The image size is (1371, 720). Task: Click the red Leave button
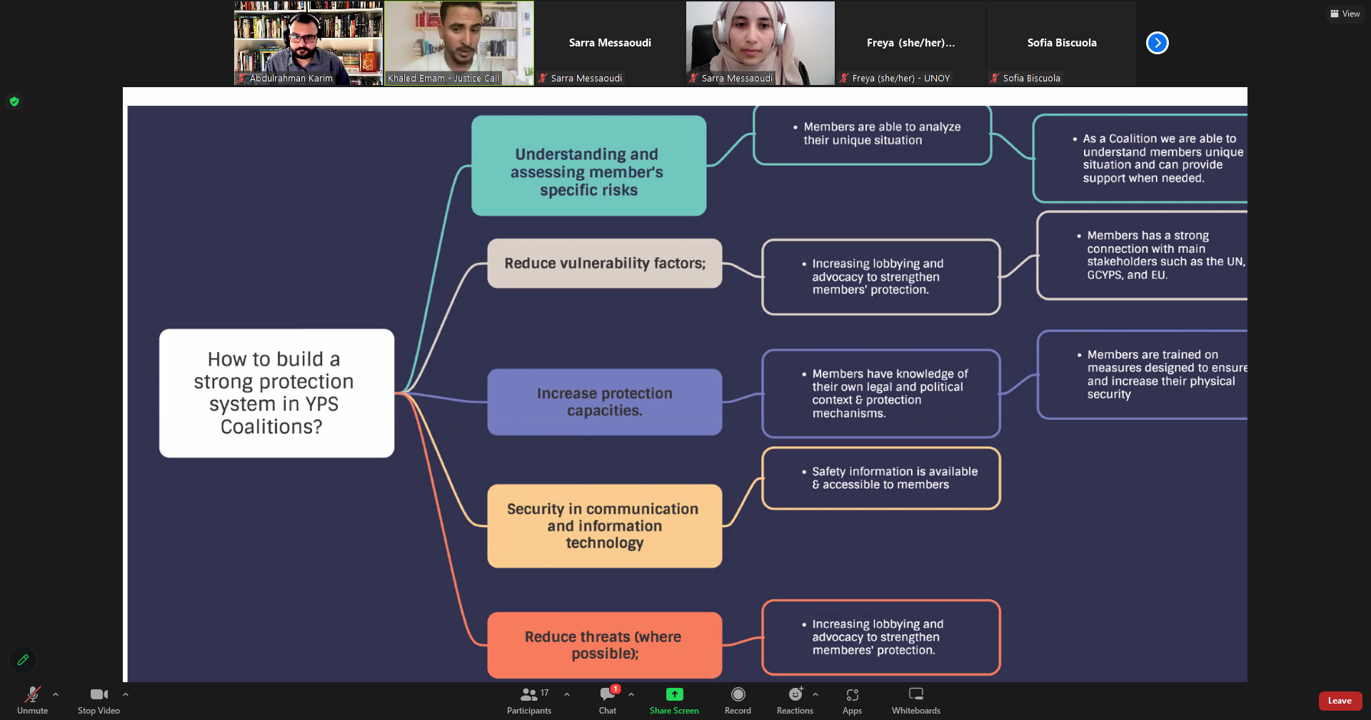pos(1340,701)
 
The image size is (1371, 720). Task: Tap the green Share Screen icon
pos(674,694)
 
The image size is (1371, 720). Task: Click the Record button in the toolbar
pos(738,694)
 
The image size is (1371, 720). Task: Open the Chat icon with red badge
pos(608,694)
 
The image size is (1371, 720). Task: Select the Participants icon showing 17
pos(529,694)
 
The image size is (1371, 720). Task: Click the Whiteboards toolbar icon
pos(915,694)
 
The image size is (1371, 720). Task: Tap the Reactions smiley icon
pos(795,694)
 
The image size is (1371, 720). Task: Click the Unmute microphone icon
pos(32,694)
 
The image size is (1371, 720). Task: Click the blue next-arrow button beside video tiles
pos(1157,43)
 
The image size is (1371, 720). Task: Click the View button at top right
pos(1345,14)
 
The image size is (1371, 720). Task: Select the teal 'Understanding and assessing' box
pos(588,166)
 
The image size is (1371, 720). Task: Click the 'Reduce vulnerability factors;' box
pos(604,264)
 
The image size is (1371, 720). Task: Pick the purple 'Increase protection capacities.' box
pos(604,402)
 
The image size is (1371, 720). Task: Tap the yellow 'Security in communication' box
pos(604,526)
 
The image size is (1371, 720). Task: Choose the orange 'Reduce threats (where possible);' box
pos(604,645)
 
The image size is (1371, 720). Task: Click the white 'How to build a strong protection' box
pos(276,393)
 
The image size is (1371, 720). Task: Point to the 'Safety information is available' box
pos(880,478)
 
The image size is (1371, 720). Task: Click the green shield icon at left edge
pos(14,101)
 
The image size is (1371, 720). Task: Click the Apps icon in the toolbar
pos(852,694)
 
